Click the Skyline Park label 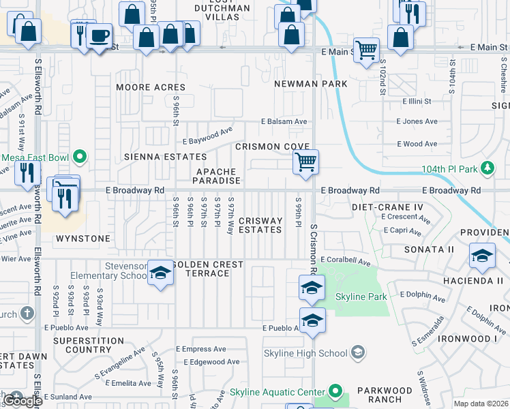point(361,297)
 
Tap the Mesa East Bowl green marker point(80,157)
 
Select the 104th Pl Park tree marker point(487,168)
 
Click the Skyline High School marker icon point(358,353)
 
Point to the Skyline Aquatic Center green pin point(335,391)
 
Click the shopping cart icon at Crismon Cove point(306,162)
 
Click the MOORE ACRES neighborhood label point(151,87)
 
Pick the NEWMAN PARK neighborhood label point(311,84)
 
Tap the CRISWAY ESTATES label point(260,226)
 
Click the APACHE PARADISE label point(217,177)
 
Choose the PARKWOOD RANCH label point(388,395)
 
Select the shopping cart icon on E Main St point(367,49)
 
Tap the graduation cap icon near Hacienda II point(482,255)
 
